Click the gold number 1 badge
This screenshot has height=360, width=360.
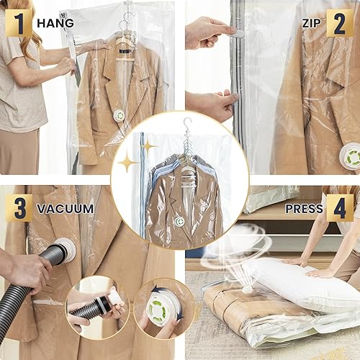coord(18,22)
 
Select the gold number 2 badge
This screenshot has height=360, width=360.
coord(339,22)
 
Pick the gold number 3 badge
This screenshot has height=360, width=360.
coord(18,207)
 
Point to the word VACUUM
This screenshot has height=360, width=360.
coord(66,209)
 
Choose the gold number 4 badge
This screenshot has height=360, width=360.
coord(339,207)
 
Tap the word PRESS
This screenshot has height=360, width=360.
coord(303,209)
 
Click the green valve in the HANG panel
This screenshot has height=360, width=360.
coord(119,115)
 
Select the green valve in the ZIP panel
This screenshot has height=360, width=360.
coord(351,156)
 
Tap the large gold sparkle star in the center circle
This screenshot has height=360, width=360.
coord(128,162)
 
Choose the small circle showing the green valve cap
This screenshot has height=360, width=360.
coord(164,307)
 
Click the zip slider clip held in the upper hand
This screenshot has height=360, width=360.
coord(236,32)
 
